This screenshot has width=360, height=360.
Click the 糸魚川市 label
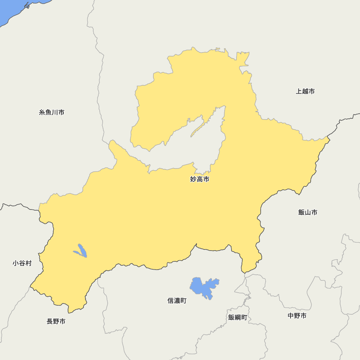pos(52,113)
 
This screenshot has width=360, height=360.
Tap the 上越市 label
pos(305,91)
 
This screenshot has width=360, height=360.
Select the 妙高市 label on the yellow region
pos(199,179)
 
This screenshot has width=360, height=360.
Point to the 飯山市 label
pos(308,212)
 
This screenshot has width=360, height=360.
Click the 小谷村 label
pos(22,264)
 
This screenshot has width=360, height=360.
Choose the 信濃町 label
pos(177,301)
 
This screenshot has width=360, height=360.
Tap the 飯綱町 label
pos(238,318)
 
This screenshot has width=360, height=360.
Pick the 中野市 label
pos(297,316)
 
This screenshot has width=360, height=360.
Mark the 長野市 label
pos(56,321)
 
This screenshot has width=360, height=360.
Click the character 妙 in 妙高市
pos(193,179)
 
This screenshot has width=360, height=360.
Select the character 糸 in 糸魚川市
pos(42,113)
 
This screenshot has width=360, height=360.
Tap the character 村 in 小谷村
pos(28,264)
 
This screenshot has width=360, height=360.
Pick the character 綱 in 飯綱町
pos(238,318)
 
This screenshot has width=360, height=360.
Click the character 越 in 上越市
pos(305,91)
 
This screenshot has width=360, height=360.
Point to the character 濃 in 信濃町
pos(177,301)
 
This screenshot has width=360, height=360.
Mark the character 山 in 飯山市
pos(308,212)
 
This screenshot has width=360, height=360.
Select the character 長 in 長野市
pos(50,321)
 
